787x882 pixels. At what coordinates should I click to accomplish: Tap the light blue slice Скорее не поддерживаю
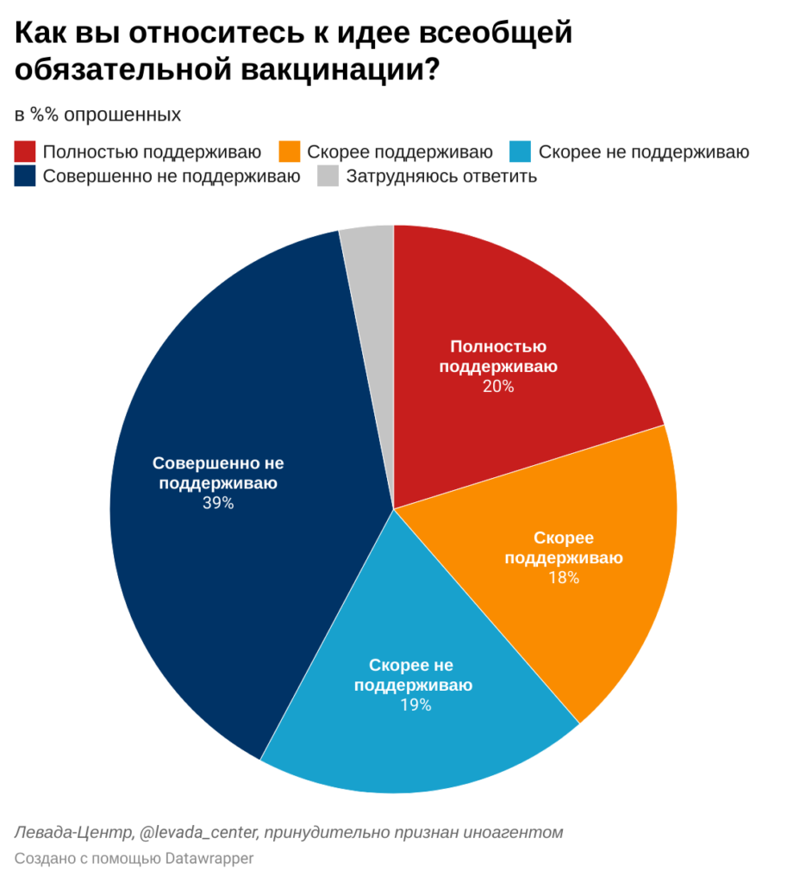[414, 741]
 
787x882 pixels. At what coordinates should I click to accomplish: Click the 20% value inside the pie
[498, 387]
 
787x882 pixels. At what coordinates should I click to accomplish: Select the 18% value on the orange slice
[564, 578]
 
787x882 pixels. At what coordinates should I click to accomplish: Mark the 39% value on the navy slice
[218, 503]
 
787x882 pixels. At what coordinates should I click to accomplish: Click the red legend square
[25, 152]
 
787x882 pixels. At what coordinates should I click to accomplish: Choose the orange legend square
[290, 152]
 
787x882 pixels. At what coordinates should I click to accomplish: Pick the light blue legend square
[521, 152]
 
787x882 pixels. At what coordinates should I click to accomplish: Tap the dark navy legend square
[25, 177]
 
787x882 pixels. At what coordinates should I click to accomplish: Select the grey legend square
[328, 177]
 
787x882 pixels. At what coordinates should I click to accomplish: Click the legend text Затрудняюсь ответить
[441, 177]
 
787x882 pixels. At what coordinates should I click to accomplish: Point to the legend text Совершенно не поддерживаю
[172, 177]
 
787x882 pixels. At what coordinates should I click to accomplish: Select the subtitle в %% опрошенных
[97, 115]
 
